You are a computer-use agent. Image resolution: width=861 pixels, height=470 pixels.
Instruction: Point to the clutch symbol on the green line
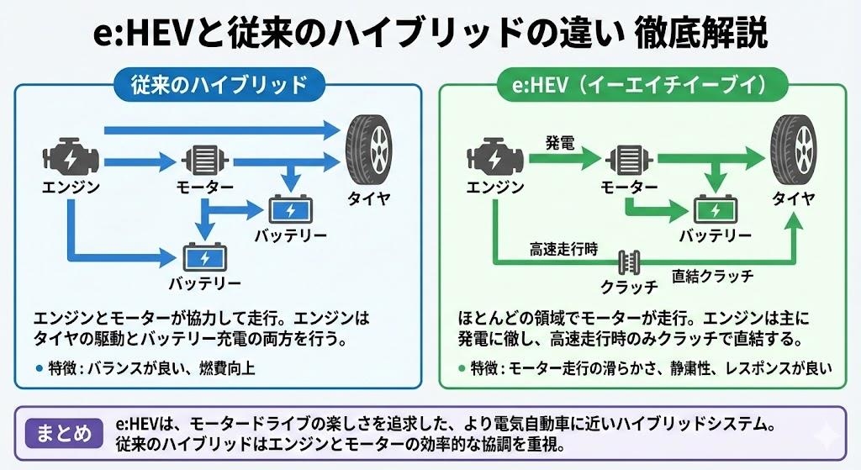pos(627,262)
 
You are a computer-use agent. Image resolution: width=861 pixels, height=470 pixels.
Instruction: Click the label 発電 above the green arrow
pos(559,141)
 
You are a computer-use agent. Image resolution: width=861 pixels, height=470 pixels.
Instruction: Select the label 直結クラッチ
pos(712,275)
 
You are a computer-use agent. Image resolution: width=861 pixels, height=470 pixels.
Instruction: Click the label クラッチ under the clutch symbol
pos(628,286)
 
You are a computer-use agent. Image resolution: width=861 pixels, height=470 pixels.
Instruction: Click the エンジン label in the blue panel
pos(71,187)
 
